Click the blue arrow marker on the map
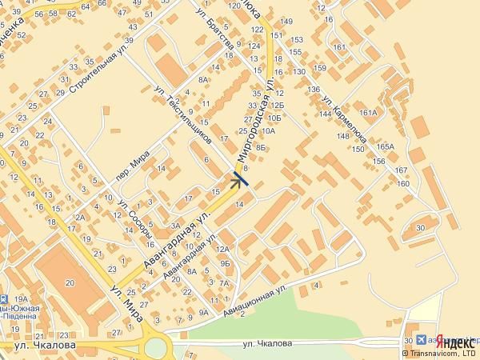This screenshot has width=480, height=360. (239, 179)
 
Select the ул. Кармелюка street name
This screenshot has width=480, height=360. (345, 121)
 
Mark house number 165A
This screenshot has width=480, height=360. (387, 146)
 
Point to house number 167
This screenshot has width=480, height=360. (401, 170)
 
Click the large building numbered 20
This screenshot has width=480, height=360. (70, 282)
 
